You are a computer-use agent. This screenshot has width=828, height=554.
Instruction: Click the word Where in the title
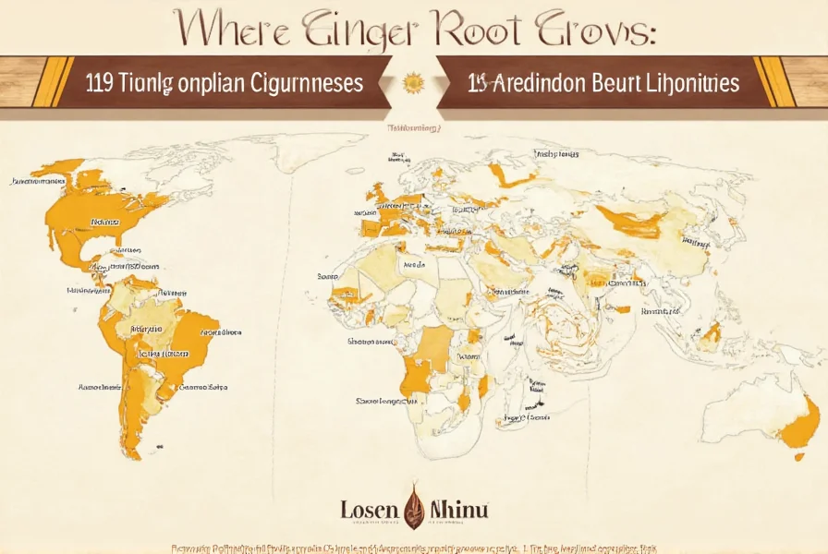(x=236, y=30)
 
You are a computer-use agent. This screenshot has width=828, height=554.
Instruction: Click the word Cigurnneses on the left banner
(x=306, y=83)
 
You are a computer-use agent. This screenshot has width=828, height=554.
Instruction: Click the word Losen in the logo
(x=370, y=510)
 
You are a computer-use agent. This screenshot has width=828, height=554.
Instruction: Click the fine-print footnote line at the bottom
(x=413, y=548)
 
